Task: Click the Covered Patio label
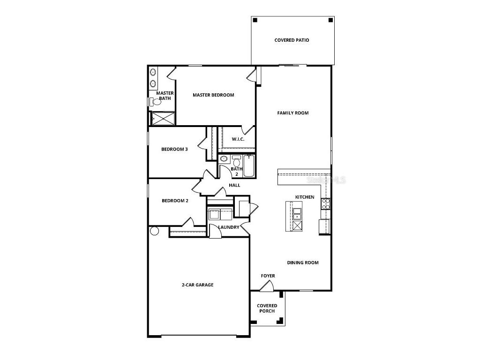coord(292,40)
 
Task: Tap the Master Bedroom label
coord(213,95)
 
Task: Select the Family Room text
coord(292,113)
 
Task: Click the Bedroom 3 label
coord(174,150)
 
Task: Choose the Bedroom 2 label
coord(175,201)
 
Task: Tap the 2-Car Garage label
coord(197,285)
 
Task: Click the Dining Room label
coord(303,263)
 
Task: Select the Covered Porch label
coord(267,308)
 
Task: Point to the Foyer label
coord(268,276)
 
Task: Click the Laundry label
coord(229,227)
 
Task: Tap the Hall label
coord(234,186)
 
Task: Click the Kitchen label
coord(305,197)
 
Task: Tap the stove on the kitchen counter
coord(325,203)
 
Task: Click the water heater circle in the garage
coord(154,231)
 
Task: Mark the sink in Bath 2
coord(224,158)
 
